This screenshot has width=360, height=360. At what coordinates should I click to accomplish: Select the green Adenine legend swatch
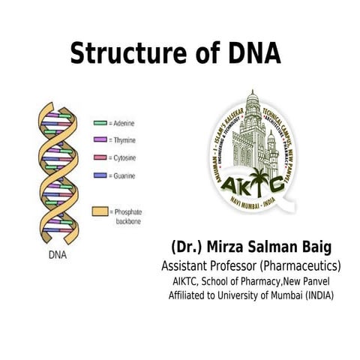100,122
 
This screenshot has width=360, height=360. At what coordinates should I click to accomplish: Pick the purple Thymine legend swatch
100,140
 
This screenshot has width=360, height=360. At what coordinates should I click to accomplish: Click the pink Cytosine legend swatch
100,157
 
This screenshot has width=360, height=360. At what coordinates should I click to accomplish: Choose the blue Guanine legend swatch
100,175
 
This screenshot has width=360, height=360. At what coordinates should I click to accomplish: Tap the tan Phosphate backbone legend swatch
100,211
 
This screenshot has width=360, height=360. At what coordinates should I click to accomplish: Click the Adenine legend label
124,122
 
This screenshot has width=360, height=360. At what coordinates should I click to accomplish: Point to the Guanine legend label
124,175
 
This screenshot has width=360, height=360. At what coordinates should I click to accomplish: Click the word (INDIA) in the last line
315,295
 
